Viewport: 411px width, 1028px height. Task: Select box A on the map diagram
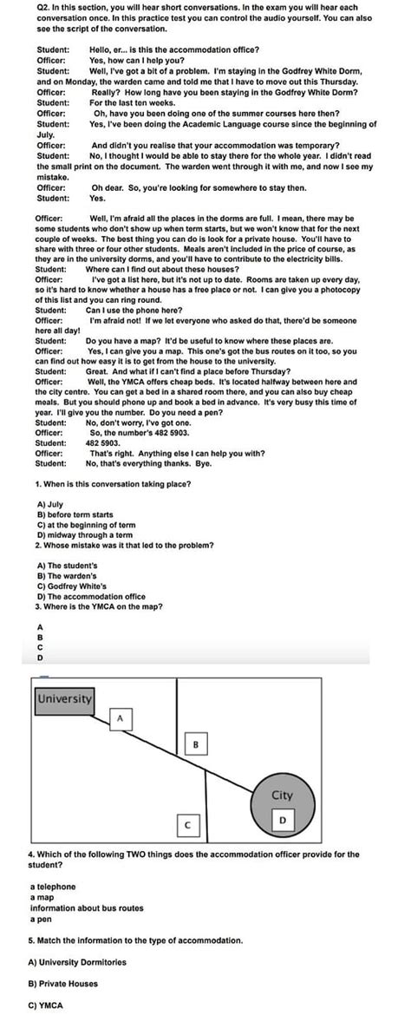121,718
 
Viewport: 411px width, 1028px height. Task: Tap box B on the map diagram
196,744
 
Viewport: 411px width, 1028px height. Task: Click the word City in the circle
282,795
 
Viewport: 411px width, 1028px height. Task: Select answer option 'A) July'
50,504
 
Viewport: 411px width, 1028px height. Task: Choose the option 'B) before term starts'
75,514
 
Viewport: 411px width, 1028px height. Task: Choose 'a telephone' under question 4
53,887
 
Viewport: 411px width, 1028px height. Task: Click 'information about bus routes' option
87,907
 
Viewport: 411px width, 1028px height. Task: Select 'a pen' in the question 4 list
41,918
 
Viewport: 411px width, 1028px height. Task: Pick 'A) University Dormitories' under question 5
77,962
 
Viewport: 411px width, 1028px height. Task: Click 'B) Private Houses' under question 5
63,984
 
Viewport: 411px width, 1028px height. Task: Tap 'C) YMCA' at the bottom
45,1005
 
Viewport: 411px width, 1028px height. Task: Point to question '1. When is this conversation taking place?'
114,483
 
